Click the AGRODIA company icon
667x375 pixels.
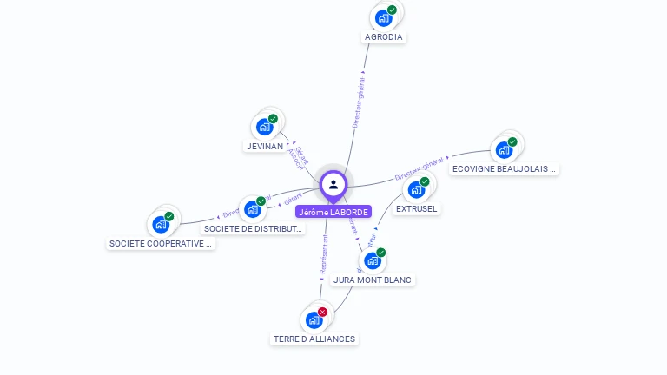(383, 18)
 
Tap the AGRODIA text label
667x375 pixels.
(384, 37)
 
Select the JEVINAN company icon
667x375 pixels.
(265, 128)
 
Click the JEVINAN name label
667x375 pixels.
(265, 147)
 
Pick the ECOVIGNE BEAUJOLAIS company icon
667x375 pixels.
(504, 150)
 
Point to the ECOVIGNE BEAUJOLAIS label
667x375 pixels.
(505, 169)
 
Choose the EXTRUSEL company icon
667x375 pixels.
(417, 190)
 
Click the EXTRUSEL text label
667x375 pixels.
(417, 209)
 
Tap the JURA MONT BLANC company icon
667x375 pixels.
(373, 260)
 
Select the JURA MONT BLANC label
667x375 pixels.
(373, 280)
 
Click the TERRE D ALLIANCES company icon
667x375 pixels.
(314, 320)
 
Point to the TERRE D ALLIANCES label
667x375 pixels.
(314, 339)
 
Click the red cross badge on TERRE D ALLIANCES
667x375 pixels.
(322, 312)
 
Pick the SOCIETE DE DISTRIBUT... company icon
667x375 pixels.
(253, 209)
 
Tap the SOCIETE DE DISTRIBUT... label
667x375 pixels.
(254, 229)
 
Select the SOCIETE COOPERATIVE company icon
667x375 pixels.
(161, 225)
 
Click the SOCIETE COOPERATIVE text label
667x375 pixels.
(161, 244)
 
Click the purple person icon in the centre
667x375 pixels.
(333, 184)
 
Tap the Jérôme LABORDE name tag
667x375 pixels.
(333, 212)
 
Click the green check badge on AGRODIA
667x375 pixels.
(392, 10)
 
